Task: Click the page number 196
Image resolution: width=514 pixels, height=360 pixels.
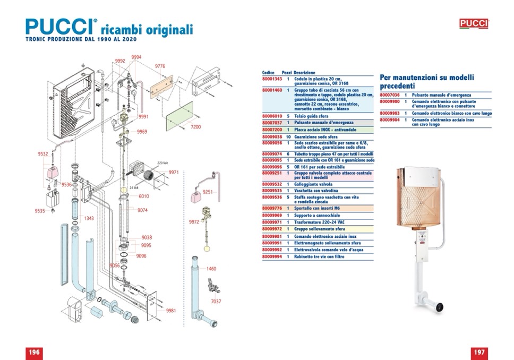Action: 34,353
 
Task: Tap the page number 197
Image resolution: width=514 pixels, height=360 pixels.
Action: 479,353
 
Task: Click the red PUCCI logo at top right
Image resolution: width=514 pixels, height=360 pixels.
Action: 473,23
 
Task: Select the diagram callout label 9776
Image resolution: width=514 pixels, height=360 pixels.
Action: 160,66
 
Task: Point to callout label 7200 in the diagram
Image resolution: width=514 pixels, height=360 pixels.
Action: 195,127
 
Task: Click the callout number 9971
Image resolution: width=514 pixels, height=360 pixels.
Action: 174,173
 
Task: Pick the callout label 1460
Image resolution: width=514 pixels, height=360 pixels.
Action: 211,269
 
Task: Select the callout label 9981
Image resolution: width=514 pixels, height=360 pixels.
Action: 170,311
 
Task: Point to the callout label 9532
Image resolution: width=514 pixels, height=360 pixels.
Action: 44,154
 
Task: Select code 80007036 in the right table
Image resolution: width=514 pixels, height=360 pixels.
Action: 390,95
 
